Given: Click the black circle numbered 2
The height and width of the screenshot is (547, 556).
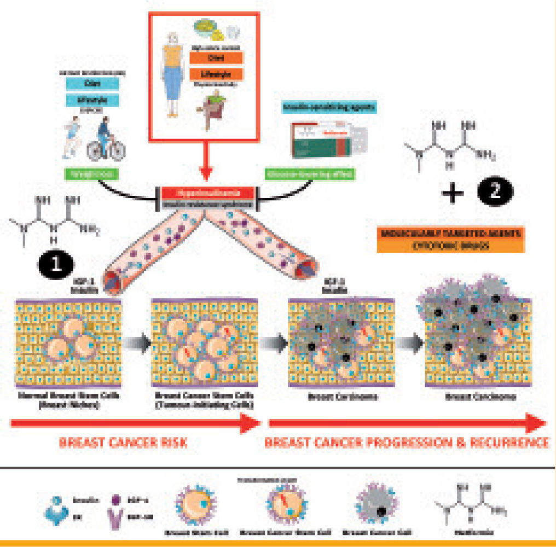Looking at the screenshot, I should pyautogui.click(x=495, y=192).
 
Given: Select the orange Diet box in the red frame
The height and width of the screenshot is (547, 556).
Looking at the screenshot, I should pyautogui.click(x=216, y=56).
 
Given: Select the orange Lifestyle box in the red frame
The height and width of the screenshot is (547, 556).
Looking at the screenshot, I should pyautogui.click(x=216, y=74).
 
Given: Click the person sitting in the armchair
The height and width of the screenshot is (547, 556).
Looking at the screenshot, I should pyautogui.click(x=211, y=112).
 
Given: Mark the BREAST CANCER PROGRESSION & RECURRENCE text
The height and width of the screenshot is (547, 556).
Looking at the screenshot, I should pyautogui.click(x=407, y=443).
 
